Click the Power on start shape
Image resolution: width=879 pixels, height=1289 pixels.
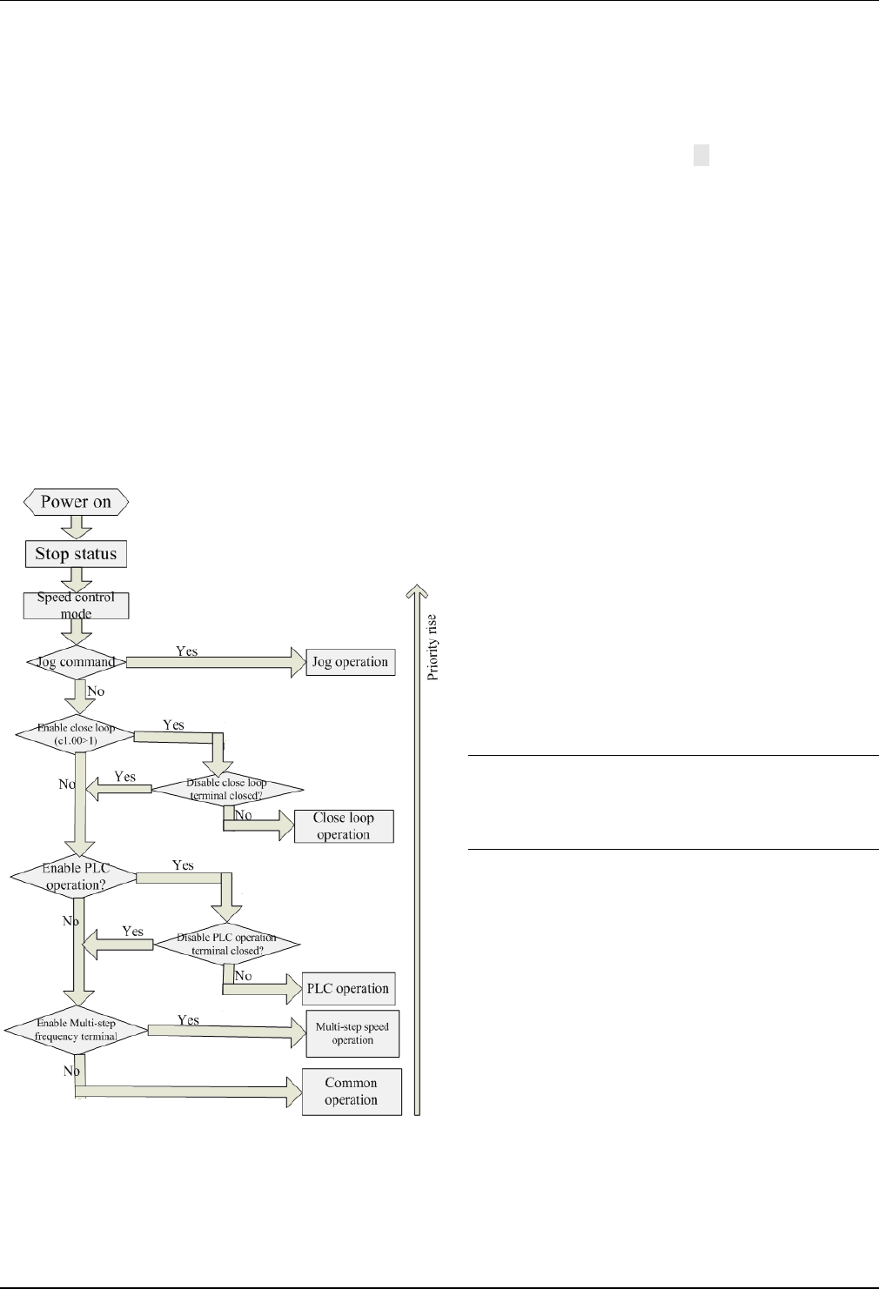pyautogui.click(x=76, y=502)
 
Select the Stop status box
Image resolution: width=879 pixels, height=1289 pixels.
pyautogui.click(x=76, y=554)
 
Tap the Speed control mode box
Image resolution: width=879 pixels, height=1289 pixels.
pyautogui.click(x=76, y=605)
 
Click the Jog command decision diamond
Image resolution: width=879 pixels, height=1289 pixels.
pyautogui.click(x=76, y=662)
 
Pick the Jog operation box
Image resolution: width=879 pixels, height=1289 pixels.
pyautogui.click(x=350, y=662)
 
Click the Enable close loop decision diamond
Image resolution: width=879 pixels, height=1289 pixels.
pyautogui.click(x=76, y=735)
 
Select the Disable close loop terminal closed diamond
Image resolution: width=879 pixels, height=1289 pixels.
pyautogui.click(x=227, y=789)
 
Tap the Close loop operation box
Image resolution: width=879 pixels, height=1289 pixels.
pyautogui.click(x=344, y=826)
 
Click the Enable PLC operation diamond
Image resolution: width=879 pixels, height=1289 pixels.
pyautogui.click(x=74, y=877)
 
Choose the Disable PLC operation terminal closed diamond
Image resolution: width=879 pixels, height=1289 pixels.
pyautogui.click(x=226, y=944)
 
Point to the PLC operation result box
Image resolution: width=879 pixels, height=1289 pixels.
pyautogui.click(x=348, y=989)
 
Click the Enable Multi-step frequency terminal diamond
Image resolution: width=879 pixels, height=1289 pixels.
pyautogui.click(x=76, y=1030)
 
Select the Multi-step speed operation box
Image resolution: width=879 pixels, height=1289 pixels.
pyautogui.click(x=352, y=1033)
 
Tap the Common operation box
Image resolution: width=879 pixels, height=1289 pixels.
pyautogui.click(x=352, y=1092)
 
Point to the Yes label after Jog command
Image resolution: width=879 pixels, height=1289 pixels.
pyautogui.click(x=187, y=651)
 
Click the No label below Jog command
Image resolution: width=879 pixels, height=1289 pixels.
pyautogui.click(x=96, y=691)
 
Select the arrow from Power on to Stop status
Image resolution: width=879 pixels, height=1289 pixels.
pyautogui.click(x=76, y=526)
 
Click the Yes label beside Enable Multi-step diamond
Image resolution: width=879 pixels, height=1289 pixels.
pyautogui.click(x=189, y=1020)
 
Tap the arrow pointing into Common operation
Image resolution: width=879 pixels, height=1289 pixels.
pyautogui.click(x=183, y=1092)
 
